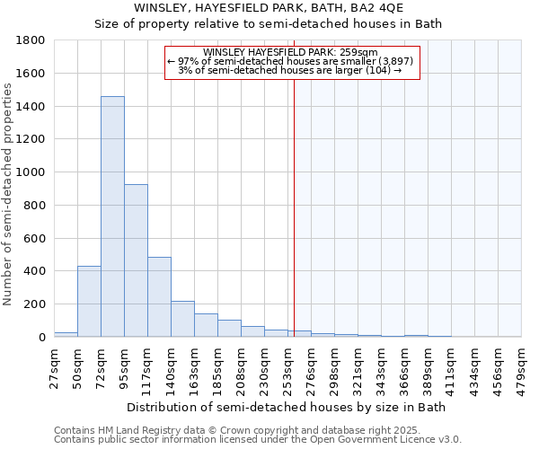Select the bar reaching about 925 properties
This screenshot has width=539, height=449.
136,260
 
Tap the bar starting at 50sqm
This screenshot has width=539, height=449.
89,302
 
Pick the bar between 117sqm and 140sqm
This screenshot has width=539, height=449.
159,297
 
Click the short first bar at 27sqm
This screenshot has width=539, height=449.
66,334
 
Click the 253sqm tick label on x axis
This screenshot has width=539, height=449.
287,367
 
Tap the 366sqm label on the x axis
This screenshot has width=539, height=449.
404,367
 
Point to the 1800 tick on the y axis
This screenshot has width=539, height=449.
33,40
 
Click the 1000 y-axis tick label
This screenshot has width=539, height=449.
33,172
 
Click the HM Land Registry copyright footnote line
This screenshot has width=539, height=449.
257,430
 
